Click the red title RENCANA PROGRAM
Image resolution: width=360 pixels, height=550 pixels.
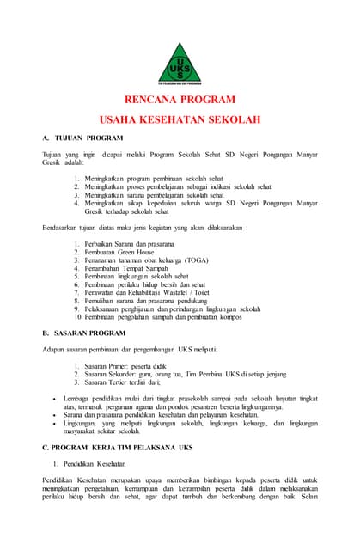tap(180, 100)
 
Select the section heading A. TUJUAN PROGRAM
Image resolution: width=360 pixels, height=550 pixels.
tap(82, 137)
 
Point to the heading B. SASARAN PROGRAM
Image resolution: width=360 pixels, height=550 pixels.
tap(84, 332)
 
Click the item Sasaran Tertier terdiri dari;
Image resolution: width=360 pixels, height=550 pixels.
tap(129, 384)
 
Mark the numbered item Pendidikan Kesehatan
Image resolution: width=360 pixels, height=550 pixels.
tap(112, 464)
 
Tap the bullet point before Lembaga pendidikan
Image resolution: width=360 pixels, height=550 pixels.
tap(54, 399)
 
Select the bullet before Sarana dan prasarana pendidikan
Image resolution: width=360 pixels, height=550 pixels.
tap(54, 414)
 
